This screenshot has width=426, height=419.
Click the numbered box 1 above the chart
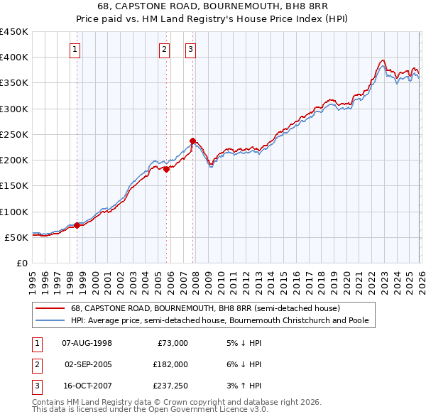coord(75,49)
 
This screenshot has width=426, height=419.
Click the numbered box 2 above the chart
coord(164,49)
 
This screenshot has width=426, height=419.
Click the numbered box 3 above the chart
coord(191,49)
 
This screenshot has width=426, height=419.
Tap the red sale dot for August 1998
coord(77,225)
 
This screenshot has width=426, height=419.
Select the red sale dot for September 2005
coord(166,169)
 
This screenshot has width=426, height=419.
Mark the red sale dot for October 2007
coord(192,141)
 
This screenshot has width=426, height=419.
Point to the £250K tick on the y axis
coord(15,134)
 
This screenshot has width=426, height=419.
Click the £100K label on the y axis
coord(15,212)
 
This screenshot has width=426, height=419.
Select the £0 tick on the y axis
coord(21,263)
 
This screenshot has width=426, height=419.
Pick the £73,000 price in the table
coord(172,343)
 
